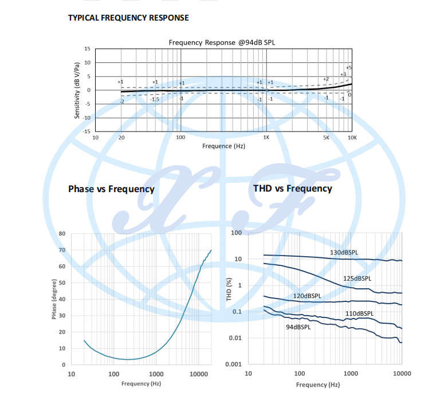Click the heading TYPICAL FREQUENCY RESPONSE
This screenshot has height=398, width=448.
pos(128,18)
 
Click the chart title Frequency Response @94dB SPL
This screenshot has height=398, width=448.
pos(223,42)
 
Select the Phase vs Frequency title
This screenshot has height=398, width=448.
pos(111,189)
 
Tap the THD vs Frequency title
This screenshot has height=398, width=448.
pos(292,188)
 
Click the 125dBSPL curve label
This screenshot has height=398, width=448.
pos(357,278)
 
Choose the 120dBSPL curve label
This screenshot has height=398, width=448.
pos(307,296)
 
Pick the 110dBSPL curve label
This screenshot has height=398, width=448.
pos(359,313)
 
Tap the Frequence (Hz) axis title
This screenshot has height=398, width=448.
pos(224,146)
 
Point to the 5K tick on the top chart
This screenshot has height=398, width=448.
pos(327,138)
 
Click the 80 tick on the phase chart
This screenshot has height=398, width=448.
pos(62,233)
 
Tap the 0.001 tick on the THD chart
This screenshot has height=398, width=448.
pos(233,364)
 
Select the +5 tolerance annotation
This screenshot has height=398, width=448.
pos(349,67)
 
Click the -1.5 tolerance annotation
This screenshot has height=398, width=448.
pos(154,99)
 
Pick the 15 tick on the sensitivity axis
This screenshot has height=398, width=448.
pos(87,49)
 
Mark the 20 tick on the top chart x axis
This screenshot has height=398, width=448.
pos(121,138)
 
